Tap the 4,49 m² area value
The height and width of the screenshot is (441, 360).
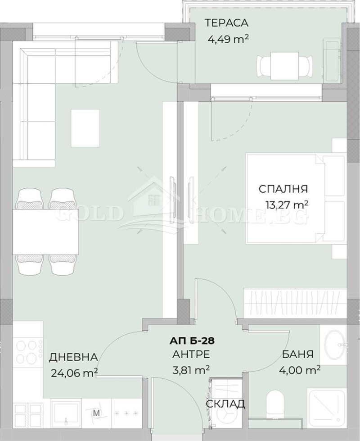(x=228, y=39)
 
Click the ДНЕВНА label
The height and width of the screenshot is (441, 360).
(x=73, y=357)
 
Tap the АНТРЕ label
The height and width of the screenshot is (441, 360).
(x=191, y=355)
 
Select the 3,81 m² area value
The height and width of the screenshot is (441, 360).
(x=191, y=370)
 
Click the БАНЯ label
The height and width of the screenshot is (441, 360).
(x=299, y=355)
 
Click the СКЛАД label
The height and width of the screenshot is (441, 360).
(x=225, y=404)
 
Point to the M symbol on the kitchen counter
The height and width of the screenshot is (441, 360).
(x=95, y=412)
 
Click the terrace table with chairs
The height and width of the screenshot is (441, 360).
(x=284, y=65)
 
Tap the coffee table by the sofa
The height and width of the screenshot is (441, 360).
(x=85, y=128)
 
